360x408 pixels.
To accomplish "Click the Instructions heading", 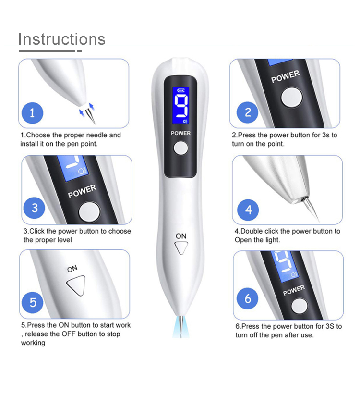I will tap(61, 39).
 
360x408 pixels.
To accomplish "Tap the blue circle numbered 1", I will tap(33, 113).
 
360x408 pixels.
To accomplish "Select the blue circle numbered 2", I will tap(248, 113).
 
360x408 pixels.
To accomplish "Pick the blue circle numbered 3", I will tap(35, 208).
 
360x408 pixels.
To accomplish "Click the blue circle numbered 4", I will tap(248, 210).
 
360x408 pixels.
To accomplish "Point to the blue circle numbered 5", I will tap(33, 302).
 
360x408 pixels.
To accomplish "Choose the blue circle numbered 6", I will tap(248, 299).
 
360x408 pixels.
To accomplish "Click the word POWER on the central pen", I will tap(180, 133).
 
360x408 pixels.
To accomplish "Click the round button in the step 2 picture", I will tap(292, 98).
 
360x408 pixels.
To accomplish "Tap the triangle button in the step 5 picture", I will tap(76, 287).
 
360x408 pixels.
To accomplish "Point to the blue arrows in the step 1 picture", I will tap(87, 110).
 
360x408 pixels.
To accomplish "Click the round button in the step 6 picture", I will tap(300, 307).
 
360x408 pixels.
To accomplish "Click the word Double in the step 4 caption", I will tap(252, 231).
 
